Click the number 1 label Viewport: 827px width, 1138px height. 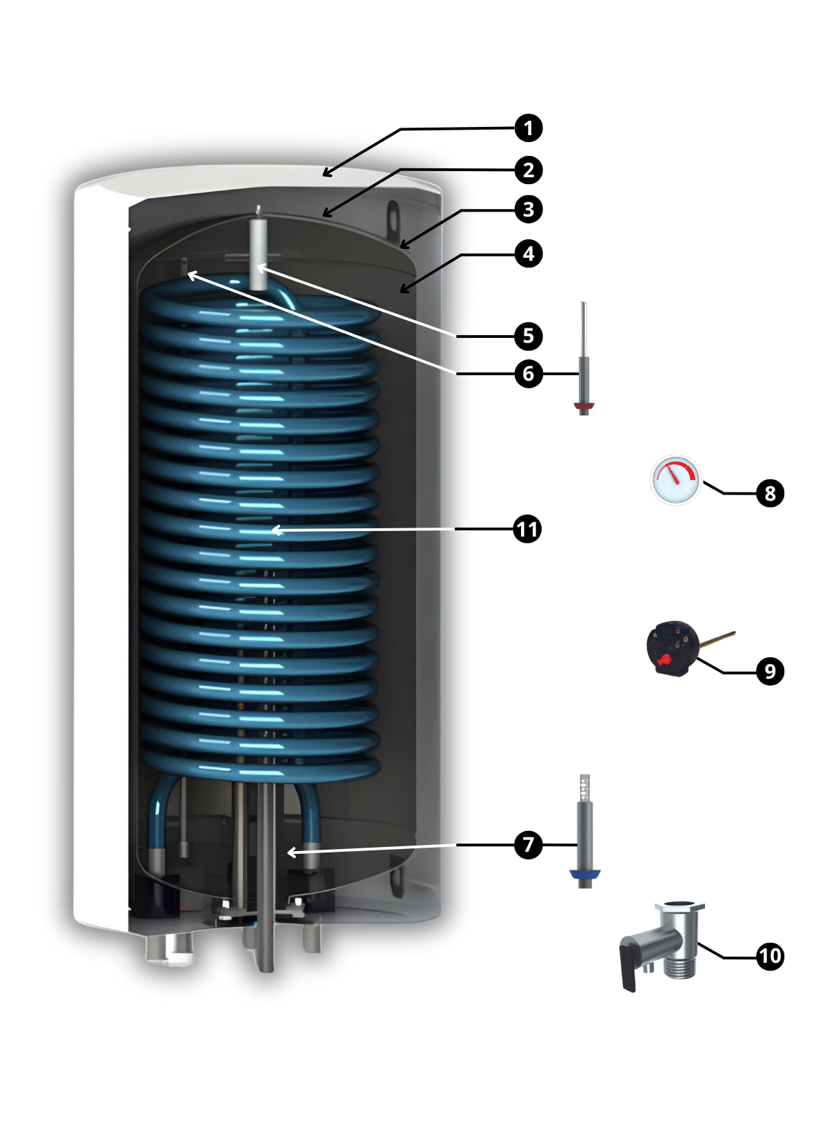pos(528,128)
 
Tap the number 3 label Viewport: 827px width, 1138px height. pos(528,210)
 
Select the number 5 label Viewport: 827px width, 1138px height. pos(528,336)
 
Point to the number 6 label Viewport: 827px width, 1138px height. pos(528,374)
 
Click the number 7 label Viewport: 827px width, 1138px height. pos(528,845)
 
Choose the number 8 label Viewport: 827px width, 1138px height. pos(770,494)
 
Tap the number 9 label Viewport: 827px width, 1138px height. pos(770,672)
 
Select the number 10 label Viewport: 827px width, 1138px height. pos(770,956)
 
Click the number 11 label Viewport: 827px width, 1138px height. pos(527,530)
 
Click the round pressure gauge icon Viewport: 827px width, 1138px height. pos(675,480)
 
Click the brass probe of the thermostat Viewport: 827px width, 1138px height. pos(717,639)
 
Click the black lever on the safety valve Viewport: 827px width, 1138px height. pos(629,969)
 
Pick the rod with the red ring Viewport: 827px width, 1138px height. pos(584,359)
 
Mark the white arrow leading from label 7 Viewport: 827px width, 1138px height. pos(372,849)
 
